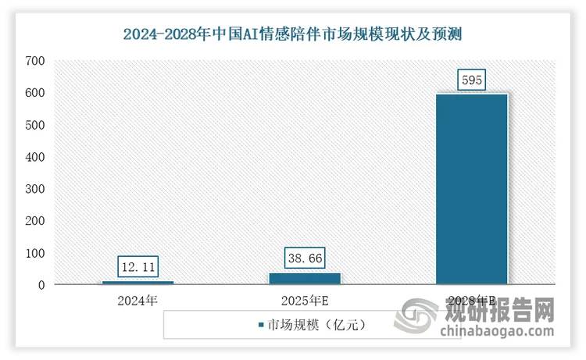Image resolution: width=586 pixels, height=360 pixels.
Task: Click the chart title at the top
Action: pyautogui.click(x=293, y=34)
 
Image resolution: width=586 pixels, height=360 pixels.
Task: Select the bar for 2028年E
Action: pyautogui.click(x=472, y=189)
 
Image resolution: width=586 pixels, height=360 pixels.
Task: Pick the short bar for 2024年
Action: pyautogui.click(x=138, y=283)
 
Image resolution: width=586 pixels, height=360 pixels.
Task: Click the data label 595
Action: pyautogui.click(x=472, y=80)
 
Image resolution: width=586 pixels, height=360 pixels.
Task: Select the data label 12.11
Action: pyautogui.click(x=138, y=268)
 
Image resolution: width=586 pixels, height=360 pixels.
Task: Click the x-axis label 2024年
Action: pyautogui.click(x=138, y=300)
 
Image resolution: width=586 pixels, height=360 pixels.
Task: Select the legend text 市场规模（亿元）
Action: pyautogui.click(x=316, y=323)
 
